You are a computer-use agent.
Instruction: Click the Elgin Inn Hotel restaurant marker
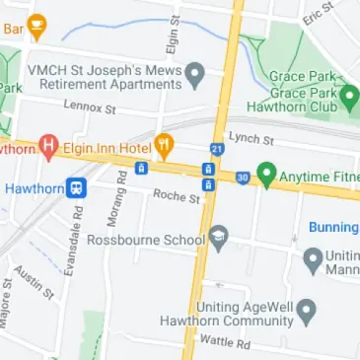164,146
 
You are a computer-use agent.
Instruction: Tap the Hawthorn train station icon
75,186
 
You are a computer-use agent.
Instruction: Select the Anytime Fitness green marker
265,176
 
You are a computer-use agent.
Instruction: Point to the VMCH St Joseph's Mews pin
195,75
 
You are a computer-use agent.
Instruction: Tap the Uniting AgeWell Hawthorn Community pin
306,314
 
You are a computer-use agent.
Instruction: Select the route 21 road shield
217,149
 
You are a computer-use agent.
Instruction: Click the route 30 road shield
241,178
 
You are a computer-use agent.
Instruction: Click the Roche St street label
176,197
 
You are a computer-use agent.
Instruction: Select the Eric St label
319,15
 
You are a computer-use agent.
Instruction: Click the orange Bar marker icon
37,27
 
